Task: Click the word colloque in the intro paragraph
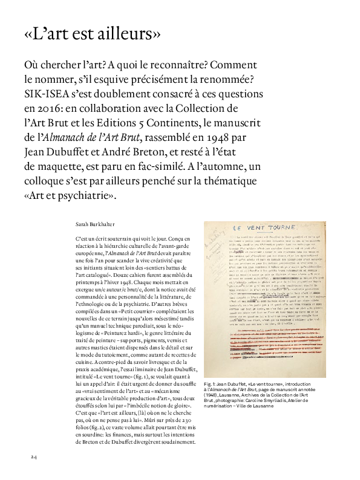pyautogui.click(x=48, y=181)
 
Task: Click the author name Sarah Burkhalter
pyautogui.click(x=94, y=224)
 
